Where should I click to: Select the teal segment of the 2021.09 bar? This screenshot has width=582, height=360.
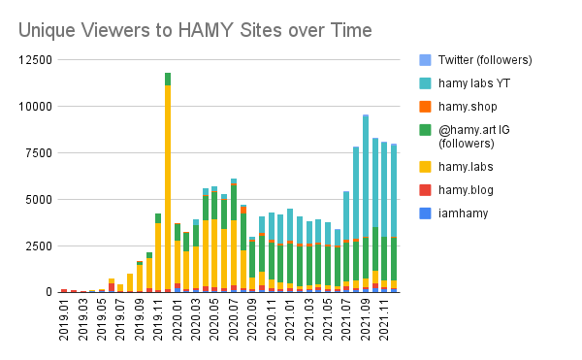[x=366, y=175]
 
